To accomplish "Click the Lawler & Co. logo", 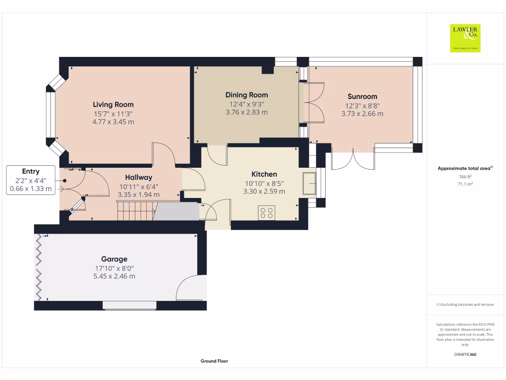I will (465, 38).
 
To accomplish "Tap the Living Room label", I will (113, 104).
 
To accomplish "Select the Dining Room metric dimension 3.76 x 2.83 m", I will (247, 112).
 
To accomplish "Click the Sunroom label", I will (362, 96).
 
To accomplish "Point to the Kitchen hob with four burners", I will (266, 213).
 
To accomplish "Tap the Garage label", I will (114, 259).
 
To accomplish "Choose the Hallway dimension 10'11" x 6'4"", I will (138, 186).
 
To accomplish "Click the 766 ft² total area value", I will (465, 177).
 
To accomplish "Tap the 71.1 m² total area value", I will (465, 184).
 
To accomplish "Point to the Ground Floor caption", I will (214, 361).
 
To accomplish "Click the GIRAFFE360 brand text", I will (465, 354).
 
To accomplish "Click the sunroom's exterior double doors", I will (353, 158).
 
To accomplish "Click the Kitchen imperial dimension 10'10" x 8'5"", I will (264, 183).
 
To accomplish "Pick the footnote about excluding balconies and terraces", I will (465, 305).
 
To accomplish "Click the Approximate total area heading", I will (465, 169).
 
